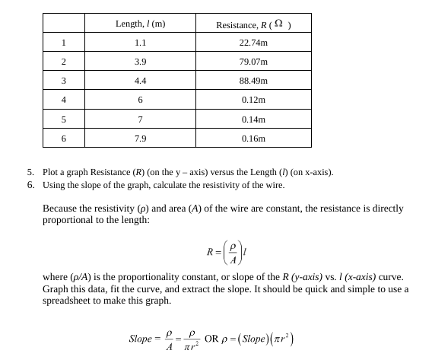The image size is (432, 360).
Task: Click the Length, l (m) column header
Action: point(140,24)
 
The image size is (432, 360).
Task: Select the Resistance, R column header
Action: point(253,24)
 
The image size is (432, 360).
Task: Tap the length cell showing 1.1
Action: point(140,43)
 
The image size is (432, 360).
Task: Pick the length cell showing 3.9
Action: point(140,62)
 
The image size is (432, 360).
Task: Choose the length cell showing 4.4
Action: point(140,81)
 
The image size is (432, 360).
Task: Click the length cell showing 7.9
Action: point(140,139)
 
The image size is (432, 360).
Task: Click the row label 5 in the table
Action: point(64,119)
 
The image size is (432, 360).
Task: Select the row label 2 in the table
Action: point(64,62)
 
